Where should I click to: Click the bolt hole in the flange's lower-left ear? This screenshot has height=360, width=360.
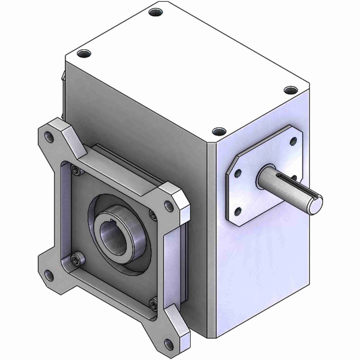[x=48, y=273]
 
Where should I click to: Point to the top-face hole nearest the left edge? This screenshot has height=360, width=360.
[x=83, y=54]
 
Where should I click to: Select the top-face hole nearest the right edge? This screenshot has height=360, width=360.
[x=290, y=90]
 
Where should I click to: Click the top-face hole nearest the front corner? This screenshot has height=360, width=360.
[x=218, y=131]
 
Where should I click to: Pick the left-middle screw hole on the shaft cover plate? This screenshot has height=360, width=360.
[x=238, y=173]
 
